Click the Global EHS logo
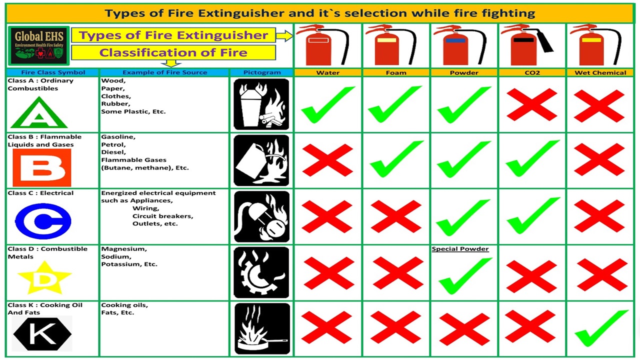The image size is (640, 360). click(39, 45)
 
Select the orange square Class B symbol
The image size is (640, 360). click(41, 167)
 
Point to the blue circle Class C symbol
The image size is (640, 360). click(43, 221)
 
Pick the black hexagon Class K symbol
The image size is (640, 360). click(42, 333)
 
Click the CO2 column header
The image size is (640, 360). click(532, 72)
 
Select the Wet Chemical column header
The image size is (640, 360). click(600, 72)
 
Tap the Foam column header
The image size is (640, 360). click(396, 72)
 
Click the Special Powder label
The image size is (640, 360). click(460, 249)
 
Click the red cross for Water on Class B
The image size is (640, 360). click(327, 160)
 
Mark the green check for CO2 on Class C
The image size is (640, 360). click(533, 215)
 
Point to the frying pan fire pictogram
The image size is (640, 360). click(262, 328)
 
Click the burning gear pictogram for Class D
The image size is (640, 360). click(261, 272)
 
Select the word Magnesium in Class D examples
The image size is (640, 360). click(124, 249)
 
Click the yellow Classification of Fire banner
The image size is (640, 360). click(173, 52)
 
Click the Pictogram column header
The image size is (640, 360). click(262, 72)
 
